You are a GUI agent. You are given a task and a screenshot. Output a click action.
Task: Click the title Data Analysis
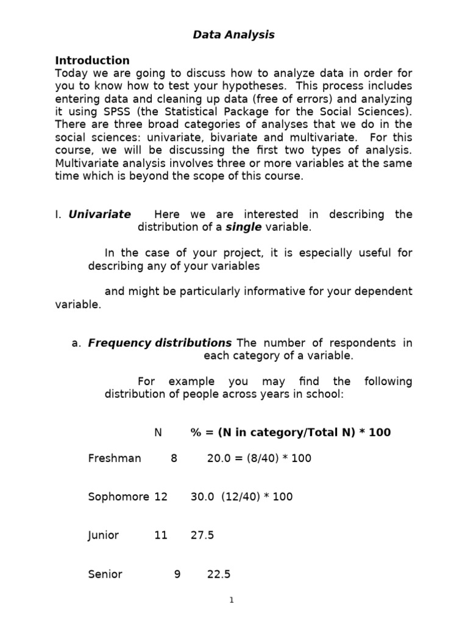[233, 35]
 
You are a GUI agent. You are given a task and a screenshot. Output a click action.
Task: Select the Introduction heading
[92, 60]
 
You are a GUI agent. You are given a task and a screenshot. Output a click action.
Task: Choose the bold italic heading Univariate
[99, 214]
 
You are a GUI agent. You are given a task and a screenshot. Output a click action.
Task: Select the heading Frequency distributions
[160, 342]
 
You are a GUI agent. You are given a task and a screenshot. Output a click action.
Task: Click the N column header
[158, 432]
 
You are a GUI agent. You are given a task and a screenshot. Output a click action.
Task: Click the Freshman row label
[114, 458]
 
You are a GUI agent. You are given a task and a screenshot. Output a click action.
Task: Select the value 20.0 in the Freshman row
[218, 458]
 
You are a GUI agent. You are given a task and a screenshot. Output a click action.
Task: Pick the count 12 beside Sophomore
[161, 496]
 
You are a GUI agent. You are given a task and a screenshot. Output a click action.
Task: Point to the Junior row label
[103, 535]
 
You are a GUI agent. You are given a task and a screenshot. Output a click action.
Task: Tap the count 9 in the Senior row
[177, 573]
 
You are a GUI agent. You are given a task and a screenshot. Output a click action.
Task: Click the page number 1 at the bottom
[232, 600]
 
